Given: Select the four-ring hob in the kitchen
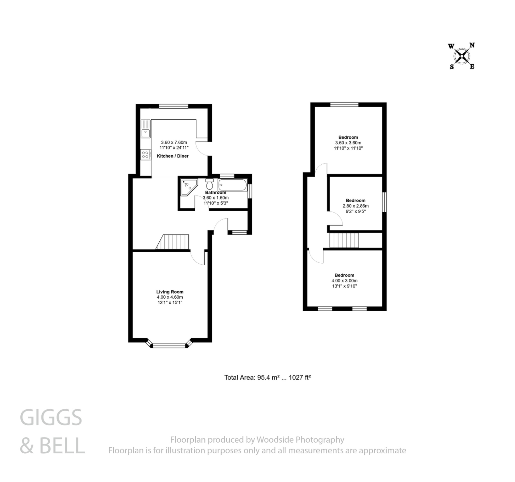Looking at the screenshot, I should pos(145,155).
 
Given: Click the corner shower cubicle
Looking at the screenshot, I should pos(188,187).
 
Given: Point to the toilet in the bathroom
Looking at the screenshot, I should pos(209,184).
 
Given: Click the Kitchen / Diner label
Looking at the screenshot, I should pos(173,156).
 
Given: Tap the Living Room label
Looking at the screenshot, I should pos(170,292).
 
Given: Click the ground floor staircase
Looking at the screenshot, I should pos(173,242).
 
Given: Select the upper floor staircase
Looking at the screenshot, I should pos(344,240).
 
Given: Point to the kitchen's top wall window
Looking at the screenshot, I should pos(174,106).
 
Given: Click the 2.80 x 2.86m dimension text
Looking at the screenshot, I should pos(355,206).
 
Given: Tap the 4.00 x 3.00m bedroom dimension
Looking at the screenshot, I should pos(344,281).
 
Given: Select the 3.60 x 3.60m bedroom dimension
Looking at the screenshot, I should pos(348,143).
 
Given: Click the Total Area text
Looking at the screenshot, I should pos(267,378).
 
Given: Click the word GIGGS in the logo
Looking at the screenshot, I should pos(51,418).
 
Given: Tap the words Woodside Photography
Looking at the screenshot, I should pos(300,440).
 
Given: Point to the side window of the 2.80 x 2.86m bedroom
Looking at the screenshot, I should pos(384,202).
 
